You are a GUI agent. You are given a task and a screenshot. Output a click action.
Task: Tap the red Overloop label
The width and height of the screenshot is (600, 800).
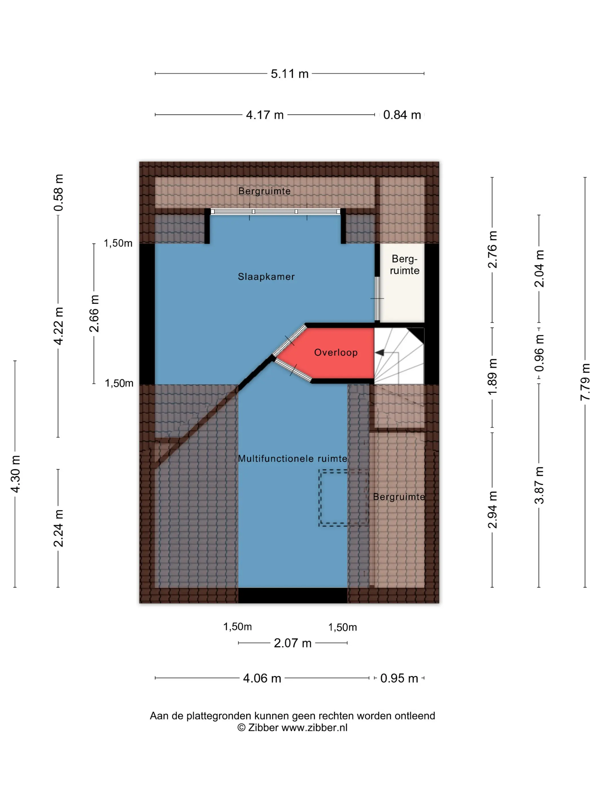pyautogui.click(x=336, y=352)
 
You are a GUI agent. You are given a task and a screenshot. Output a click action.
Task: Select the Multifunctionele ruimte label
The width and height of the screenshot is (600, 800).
pyautogui.click(x=292, y=459)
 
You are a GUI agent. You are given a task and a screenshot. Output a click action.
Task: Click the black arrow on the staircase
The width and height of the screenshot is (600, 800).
pyautogui.click(x=379, y=352)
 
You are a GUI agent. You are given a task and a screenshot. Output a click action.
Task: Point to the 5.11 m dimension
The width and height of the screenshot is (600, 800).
pyautogui.click(x=289, y=74)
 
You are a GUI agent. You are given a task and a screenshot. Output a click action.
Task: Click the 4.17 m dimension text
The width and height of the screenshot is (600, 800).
pyautogui.click(x=265, y=115)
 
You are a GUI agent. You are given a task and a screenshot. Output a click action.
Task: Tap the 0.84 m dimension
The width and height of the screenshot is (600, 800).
pyautogui.click(x=402, y=115)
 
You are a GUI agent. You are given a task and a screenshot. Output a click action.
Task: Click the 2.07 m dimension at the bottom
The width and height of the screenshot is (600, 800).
pyautogui.click(x=293, y=643)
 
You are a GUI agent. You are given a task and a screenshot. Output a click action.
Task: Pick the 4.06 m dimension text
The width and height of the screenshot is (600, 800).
pyautogui.click(x=262, y=678)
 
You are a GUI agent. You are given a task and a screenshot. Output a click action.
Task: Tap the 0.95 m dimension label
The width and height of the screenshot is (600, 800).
pyautogui.click(x=399, y=678)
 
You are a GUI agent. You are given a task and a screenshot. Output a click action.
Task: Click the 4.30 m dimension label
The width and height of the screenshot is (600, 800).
pyautogui.click(x=15, y=474)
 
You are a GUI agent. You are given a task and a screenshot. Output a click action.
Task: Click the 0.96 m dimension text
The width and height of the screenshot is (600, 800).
pyautogui.click(x=539, y=353)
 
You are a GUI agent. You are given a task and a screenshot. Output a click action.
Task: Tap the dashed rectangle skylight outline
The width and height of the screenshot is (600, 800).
pyautogui.click(x=319, y=498)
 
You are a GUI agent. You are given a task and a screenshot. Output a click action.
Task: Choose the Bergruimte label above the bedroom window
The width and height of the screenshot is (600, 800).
pyautogui.click(x=264, y=191)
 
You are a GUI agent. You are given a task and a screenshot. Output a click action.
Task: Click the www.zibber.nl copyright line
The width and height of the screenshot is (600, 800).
pyautogui.click(x=292, y=728)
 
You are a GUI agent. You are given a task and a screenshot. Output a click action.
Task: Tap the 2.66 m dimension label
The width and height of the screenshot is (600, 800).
pyautogui.click(x=94, y=313)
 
